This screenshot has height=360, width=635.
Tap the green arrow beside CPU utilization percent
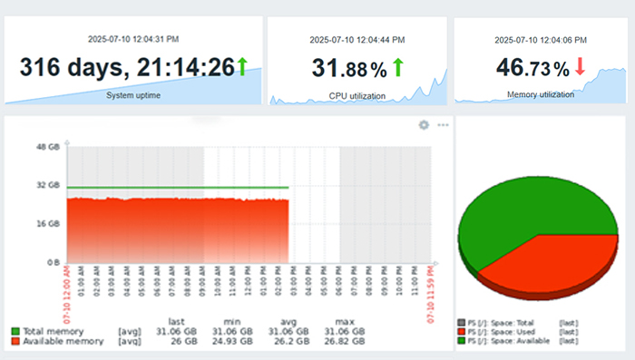[397, 67]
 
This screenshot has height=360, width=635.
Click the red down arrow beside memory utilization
[580, 68]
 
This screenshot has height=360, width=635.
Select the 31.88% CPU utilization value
[349, 68]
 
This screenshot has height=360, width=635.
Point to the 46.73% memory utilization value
[533, 68]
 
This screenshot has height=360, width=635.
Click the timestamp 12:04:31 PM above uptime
[132, 38]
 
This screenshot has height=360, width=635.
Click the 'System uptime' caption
[133, 94]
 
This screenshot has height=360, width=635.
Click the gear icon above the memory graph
[423, 125]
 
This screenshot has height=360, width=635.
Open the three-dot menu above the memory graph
[443, 125]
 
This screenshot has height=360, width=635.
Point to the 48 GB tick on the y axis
[47, 147]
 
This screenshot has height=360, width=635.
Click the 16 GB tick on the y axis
[47, 223]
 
